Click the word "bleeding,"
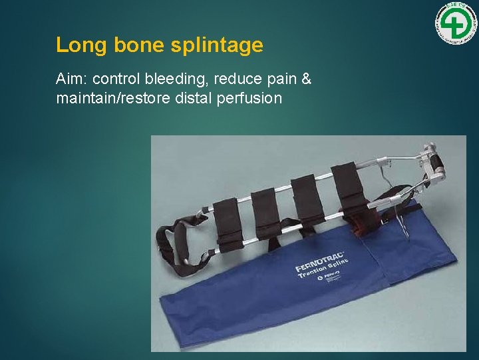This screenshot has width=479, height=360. tap(181, 80)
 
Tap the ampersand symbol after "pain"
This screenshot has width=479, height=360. tap(306, 79)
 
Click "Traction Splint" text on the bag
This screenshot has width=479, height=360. tap(329, 271)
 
